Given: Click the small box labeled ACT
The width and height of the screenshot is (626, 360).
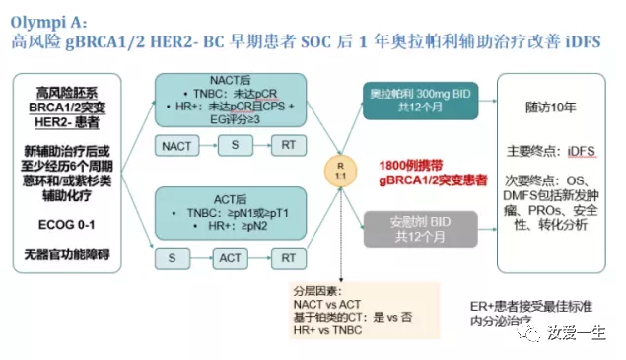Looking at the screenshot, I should coord(231,258).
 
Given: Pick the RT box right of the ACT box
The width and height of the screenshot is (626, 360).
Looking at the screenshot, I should coord(286,258).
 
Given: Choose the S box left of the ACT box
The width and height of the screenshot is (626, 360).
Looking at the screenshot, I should coord(174,258).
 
